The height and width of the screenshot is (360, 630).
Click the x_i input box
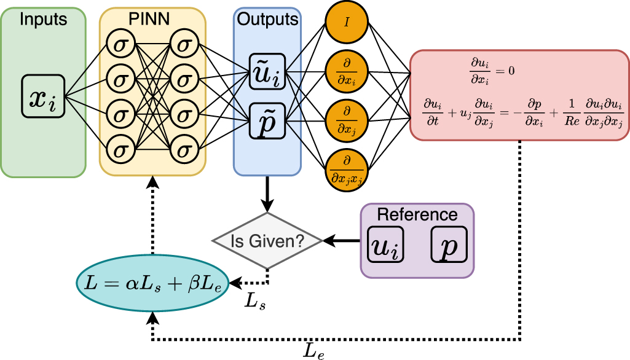pyautogui.click(x=43, y=96)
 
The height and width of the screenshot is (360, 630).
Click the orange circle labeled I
pyautogui.click(x=346, y=23)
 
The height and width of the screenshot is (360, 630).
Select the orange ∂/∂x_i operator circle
pyautogui.click(x=346, y=73)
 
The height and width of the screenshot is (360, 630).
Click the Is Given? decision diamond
pyautogui.click(x=267, y=241)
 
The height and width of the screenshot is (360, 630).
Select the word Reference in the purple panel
pyautogui.click(x=417, y=214)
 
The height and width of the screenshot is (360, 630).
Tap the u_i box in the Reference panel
pyautogui.click(x=386, y=244)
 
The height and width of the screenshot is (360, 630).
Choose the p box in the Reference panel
pyautogui.click(x=449, y=244)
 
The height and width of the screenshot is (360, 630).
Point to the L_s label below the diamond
pyautogui.click(x=255, y=303)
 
